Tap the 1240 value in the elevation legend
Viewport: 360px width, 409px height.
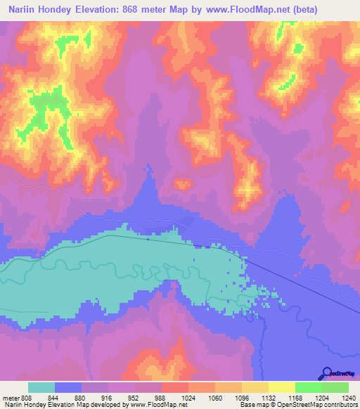pyautogui.click(x=349, y=396)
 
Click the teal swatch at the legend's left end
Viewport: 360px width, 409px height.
pyautogui.click(x=41, y=387)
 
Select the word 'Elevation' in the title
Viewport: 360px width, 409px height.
pyautogui.click(x=101, y=10)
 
